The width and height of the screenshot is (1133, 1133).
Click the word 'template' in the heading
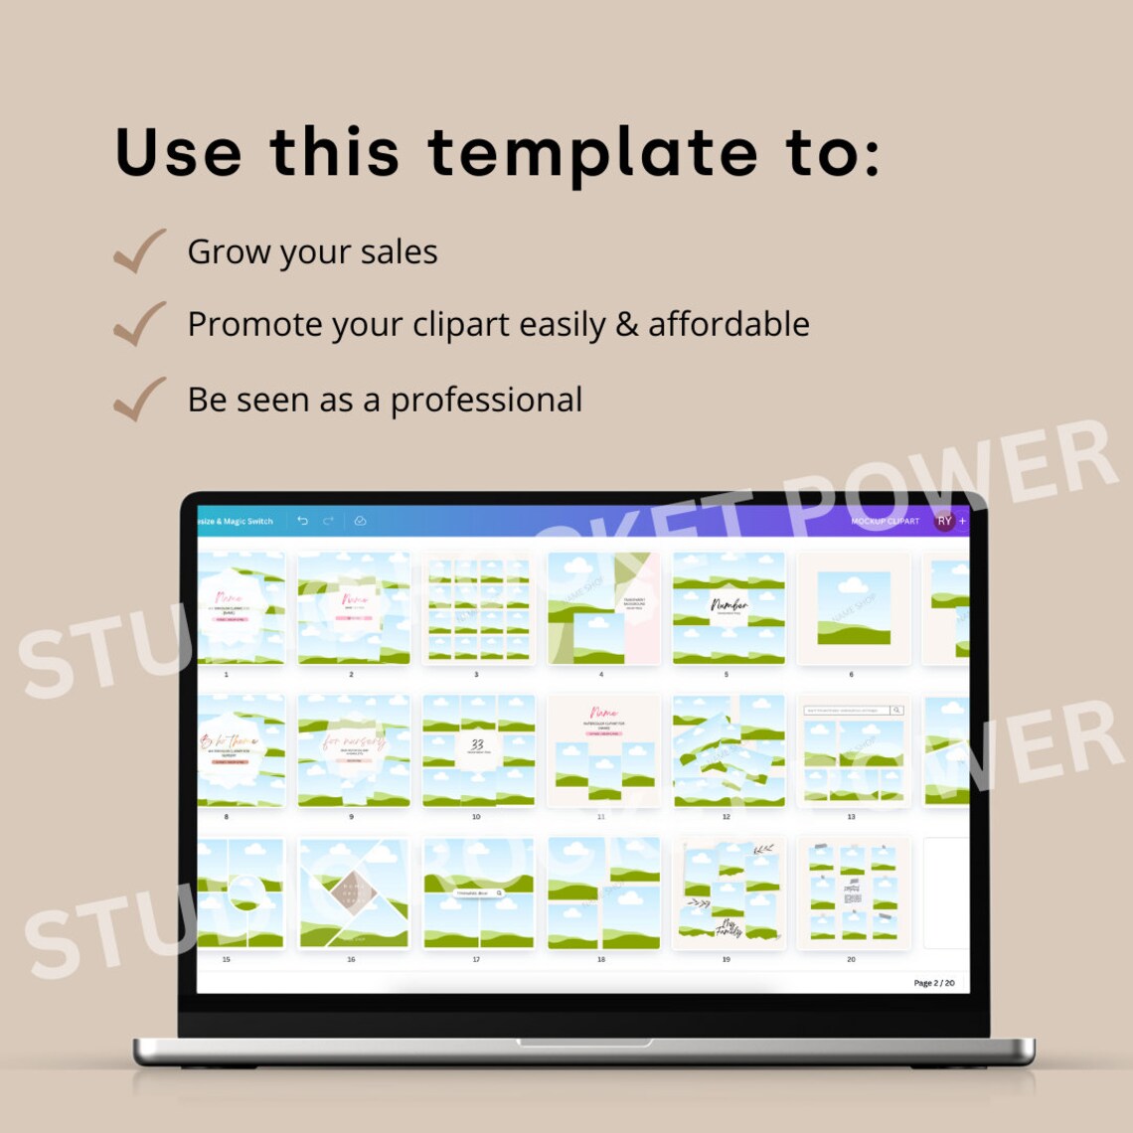(x=592, y=153)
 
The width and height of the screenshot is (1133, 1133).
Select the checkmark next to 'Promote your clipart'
(x=139, y=324)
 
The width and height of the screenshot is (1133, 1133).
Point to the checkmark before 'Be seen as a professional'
(x=139, y=399)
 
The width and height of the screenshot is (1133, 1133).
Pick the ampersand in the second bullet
(x=627, y=325)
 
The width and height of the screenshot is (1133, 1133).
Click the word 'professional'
(x=486, y=400)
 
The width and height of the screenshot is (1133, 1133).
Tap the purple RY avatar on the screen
(x=944, y=521)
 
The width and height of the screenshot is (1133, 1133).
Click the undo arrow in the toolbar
(x=303, y=521)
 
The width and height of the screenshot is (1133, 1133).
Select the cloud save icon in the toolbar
(x=360, y=521)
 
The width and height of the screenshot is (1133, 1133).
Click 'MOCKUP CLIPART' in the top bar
(x=885, y=521)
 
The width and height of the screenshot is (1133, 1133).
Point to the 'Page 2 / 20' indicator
(x=933, y=983)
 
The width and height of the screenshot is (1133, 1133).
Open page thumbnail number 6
(x=853, y=608)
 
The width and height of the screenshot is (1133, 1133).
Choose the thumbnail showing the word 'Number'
(x=728, y=608)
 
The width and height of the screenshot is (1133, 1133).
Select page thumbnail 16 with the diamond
(x=354, y=892)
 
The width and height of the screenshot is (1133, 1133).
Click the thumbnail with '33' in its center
(x=478, y=750)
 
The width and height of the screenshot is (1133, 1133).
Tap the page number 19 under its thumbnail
(x=726, y=959)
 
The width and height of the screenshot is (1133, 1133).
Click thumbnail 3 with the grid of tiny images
(x=478, y=608)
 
